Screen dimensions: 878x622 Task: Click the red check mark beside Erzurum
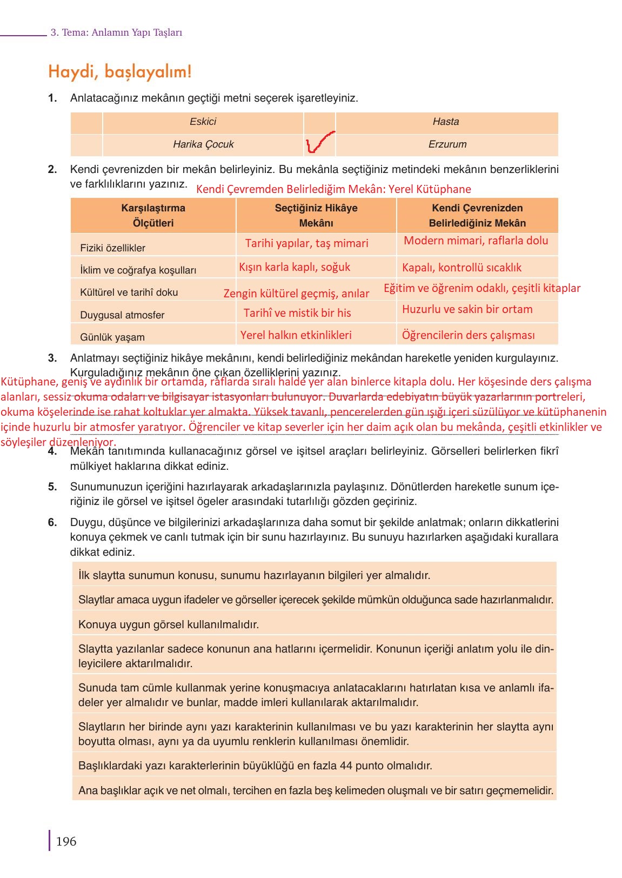(x=319, y=143)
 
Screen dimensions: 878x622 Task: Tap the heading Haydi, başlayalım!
(x=120, y=72)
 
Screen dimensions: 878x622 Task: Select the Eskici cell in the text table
(x=203, y=122)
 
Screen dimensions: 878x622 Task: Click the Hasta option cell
(x=446, y=122)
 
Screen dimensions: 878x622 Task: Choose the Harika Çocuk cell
(x=203, y=144)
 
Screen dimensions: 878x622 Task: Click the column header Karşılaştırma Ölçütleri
(x=153, y=215)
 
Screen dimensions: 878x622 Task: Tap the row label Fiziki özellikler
(x=112, y=248)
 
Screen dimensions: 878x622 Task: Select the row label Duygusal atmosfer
(x=122, y=315)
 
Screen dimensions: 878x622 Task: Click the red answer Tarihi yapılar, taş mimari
(x=306, y=243)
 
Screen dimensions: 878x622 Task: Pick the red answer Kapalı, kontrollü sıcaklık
(x=462, y=268)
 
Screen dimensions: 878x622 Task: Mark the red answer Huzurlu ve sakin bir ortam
(x=467, y=309)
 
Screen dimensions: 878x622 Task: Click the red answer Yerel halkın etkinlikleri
(x=296, y=335)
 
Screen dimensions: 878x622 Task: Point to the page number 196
(x=66, y=841)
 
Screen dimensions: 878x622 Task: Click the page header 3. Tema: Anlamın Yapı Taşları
(x=116, y=32)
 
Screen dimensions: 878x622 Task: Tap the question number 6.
(x=52, y=522)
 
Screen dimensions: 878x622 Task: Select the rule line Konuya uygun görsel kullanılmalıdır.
(x=169, y=624)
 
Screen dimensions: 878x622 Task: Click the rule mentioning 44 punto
(x=255, y=766)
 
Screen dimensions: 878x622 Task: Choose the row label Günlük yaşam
(x=112, y=337)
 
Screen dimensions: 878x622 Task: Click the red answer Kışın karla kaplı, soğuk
(x=295, y=267)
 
